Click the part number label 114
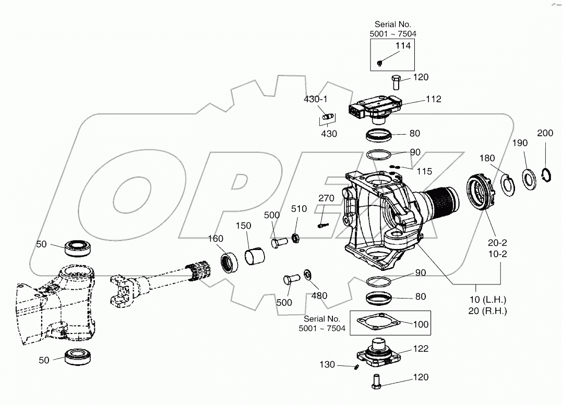coord(403,46)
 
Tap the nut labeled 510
coord(295,239)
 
